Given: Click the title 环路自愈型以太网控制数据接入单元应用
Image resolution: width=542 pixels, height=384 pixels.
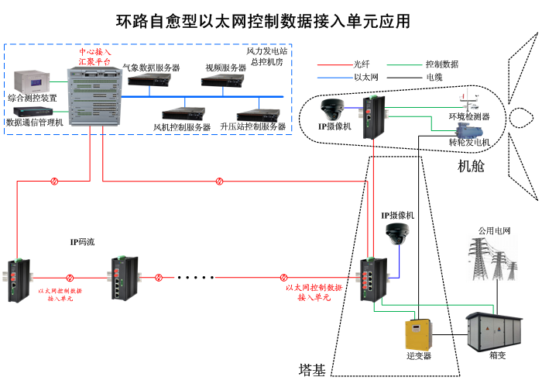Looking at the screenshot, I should tap(263, 21).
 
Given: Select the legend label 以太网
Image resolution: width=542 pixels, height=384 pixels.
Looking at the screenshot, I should tap(365, 78).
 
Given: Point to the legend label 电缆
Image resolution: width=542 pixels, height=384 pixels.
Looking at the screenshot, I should tap(434, 78).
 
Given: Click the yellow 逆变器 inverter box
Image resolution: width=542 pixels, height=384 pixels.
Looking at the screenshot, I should tap(419, 334).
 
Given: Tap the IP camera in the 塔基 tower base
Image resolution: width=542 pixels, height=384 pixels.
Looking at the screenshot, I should tap(399, 232).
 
